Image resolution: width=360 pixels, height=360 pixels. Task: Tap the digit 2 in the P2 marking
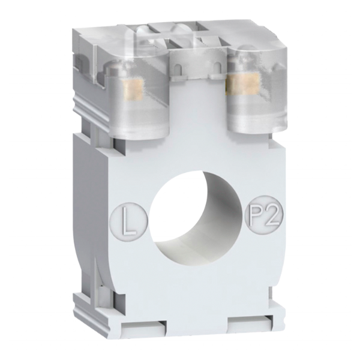272,213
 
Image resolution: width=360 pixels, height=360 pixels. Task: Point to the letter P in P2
256,214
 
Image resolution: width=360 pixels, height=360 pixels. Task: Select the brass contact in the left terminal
133,89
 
